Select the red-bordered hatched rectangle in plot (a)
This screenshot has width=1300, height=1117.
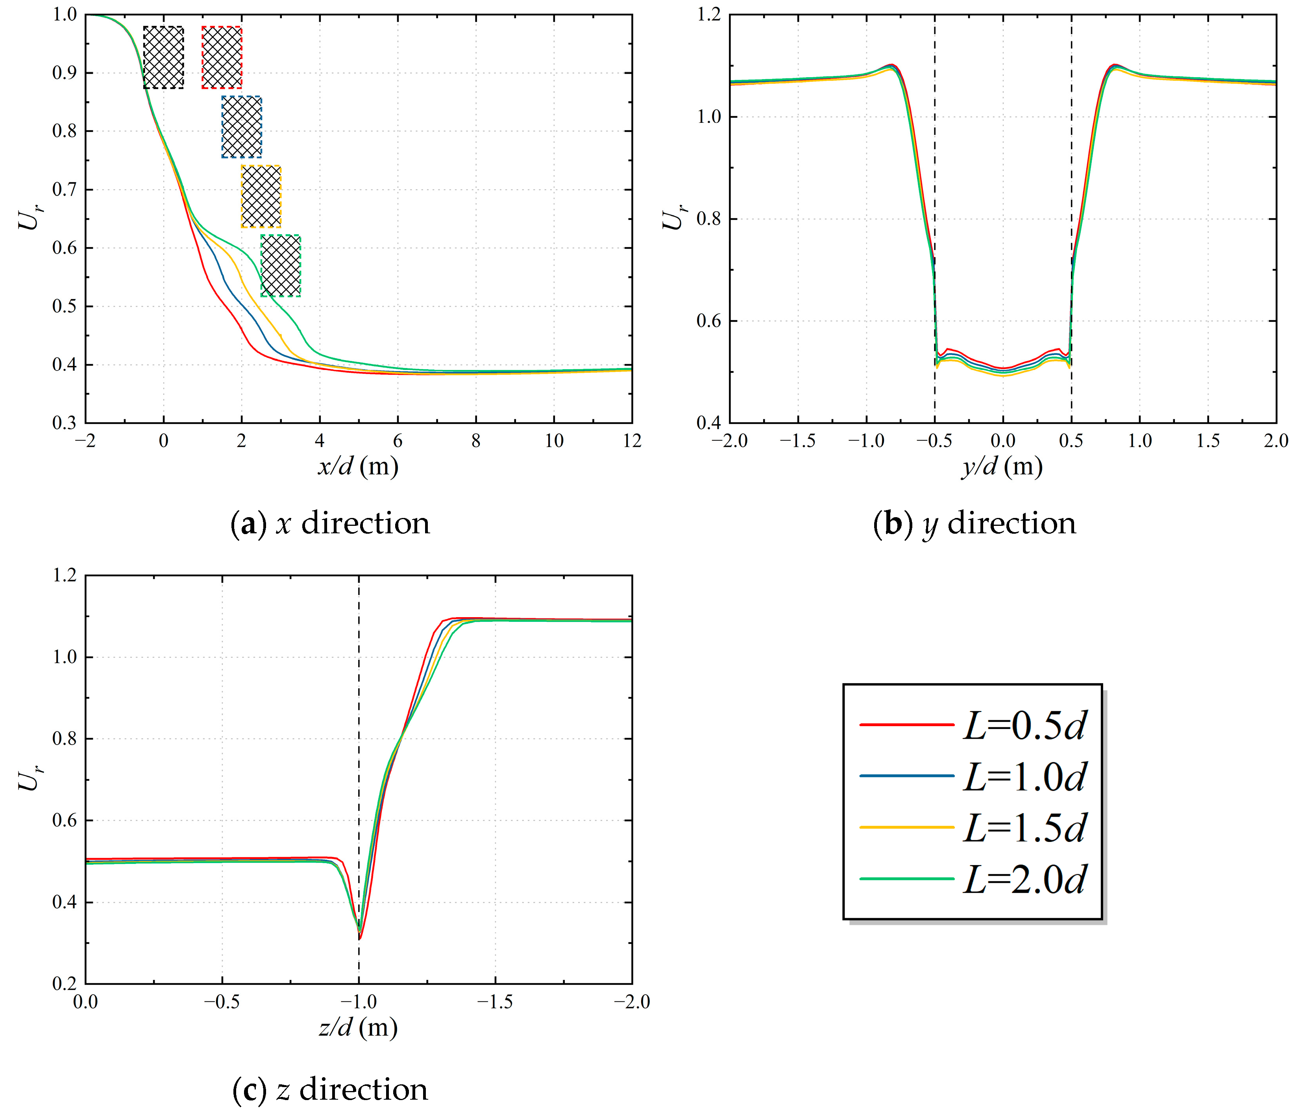click(222, 57)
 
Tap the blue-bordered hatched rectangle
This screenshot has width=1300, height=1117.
click(242, 127)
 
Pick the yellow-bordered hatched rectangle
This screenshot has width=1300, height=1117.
click(261, 196)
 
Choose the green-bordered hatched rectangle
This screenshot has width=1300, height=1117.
click(281, 265)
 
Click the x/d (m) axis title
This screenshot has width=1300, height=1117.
click(358, 466)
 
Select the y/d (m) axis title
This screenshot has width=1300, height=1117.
click(1002, 466)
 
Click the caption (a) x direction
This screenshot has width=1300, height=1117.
click(331, 523)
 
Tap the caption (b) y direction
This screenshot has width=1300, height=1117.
click(975, 523)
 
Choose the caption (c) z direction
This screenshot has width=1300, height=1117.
click(330, 1089)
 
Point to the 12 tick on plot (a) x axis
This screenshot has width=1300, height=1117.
click(632, 441)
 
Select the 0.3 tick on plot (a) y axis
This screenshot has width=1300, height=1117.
click(65, 423)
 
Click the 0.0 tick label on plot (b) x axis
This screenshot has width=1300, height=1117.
click(1002, 441)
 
